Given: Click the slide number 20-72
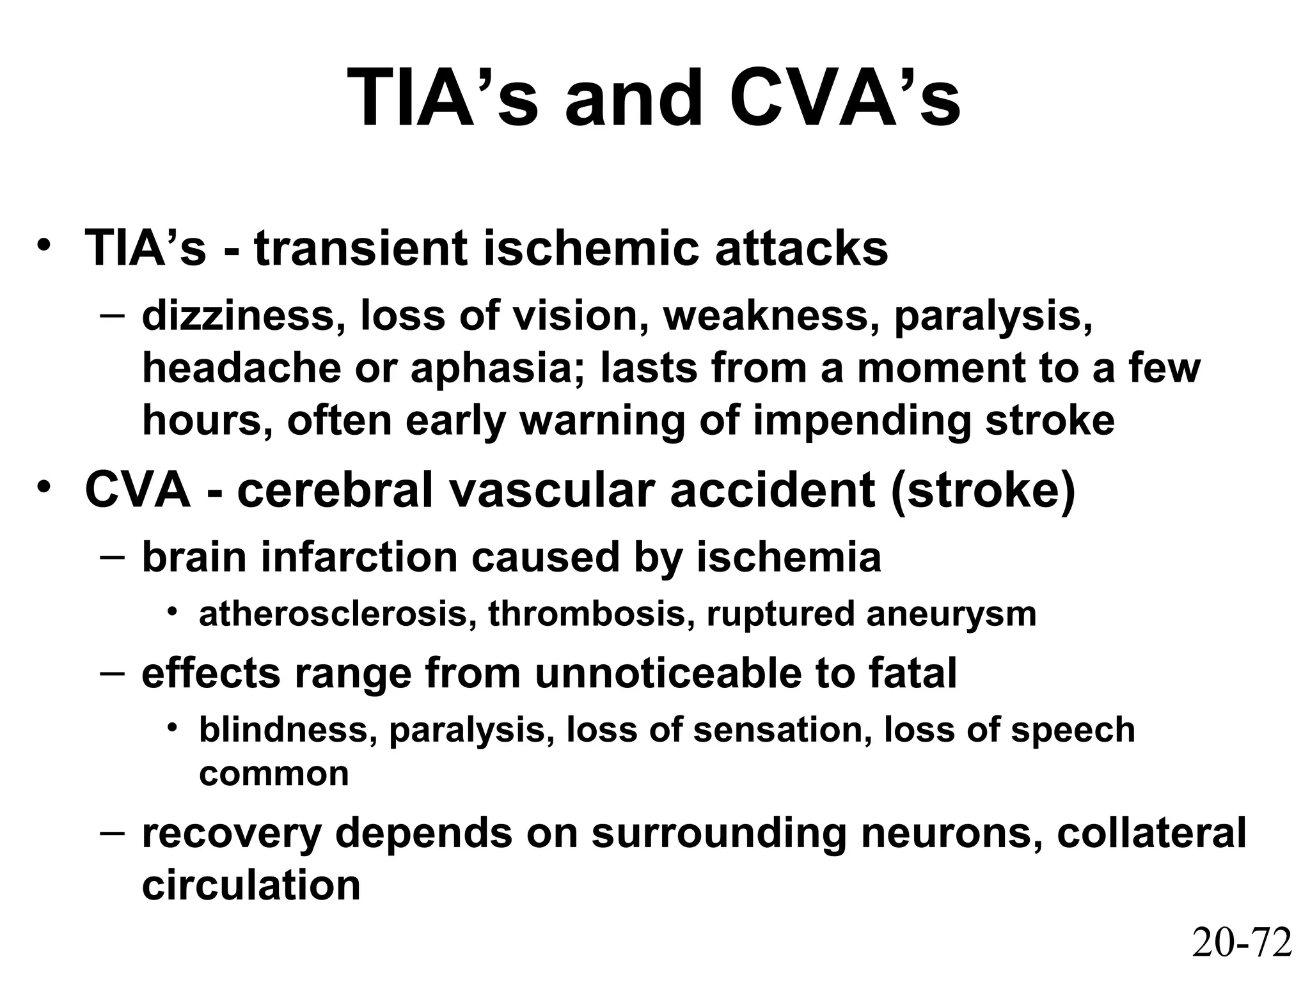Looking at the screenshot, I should click(1242, 942).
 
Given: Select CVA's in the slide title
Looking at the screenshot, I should click(844, 99).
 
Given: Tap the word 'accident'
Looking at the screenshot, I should click(772, 490).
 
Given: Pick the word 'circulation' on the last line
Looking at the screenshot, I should click(251, 885).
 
